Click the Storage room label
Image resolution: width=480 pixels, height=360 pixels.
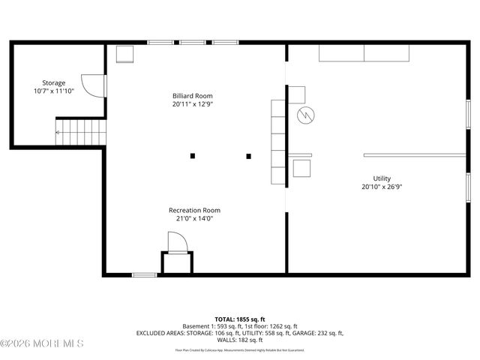tap(53, 82)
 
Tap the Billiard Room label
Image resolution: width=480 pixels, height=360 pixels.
tap(192, 96)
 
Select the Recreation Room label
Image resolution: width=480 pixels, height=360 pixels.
tap(194, 211)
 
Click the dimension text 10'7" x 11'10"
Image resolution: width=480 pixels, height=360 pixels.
tap(53, 91)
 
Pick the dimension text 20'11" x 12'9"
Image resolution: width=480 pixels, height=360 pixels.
tap(192, 105)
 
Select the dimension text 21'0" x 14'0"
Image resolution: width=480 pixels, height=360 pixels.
tap(194, 220)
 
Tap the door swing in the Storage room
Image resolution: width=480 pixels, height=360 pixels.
tap(89, 85)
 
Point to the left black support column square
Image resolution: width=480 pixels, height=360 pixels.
tap(193, 156)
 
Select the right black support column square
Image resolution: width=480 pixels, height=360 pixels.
tap(248, 156)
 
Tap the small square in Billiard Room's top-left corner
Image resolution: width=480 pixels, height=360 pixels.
tap(124, 54)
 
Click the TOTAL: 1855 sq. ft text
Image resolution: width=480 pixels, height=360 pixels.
tap(239, 319)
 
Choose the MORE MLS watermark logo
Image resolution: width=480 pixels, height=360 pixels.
tap(42, 343)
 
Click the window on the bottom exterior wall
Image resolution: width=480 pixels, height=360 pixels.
tap(144, 275)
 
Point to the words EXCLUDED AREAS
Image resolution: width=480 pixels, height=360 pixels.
tap(160, 333)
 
